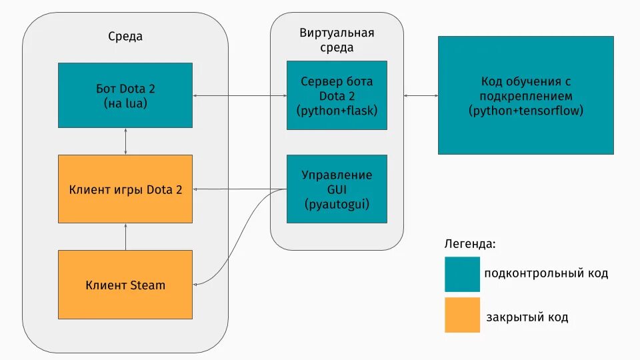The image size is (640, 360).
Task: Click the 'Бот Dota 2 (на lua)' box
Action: point(125,95)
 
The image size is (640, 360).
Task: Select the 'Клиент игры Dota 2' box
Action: point(125,189)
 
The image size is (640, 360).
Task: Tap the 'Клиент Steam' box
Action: point(125,285)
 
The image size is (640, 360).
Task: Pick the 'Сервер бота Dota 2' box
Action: point(337,95)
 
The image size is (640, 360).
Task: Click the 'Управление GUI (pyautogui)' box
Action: point(337,189)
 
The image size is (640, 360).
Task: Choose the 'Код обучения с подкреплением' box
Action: point(525,95)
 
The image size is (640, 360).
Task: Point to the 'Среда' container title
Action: point(125,37)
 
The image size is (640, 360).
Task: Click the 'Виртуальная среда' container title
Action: point(337,40)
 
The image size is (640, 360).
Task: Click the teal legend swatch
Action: point(462,274)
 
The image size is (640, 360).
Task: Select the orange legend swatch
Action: point(462,315)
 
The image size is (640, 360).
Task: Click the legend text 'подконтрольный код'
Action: point(546,273)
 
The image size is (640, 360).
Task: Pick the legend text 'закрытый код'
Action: point(527,317)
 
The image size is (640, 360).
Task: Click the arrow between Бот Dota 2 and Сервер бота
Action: point(240,97)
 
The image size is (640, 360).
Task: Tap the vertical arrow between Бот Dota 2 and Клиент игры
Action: point(125,141)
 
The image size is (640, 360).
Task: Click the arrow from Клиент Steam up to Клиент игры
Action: point(125,237)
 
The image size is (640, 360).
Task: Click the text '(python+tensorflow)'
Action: point(525,110)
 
